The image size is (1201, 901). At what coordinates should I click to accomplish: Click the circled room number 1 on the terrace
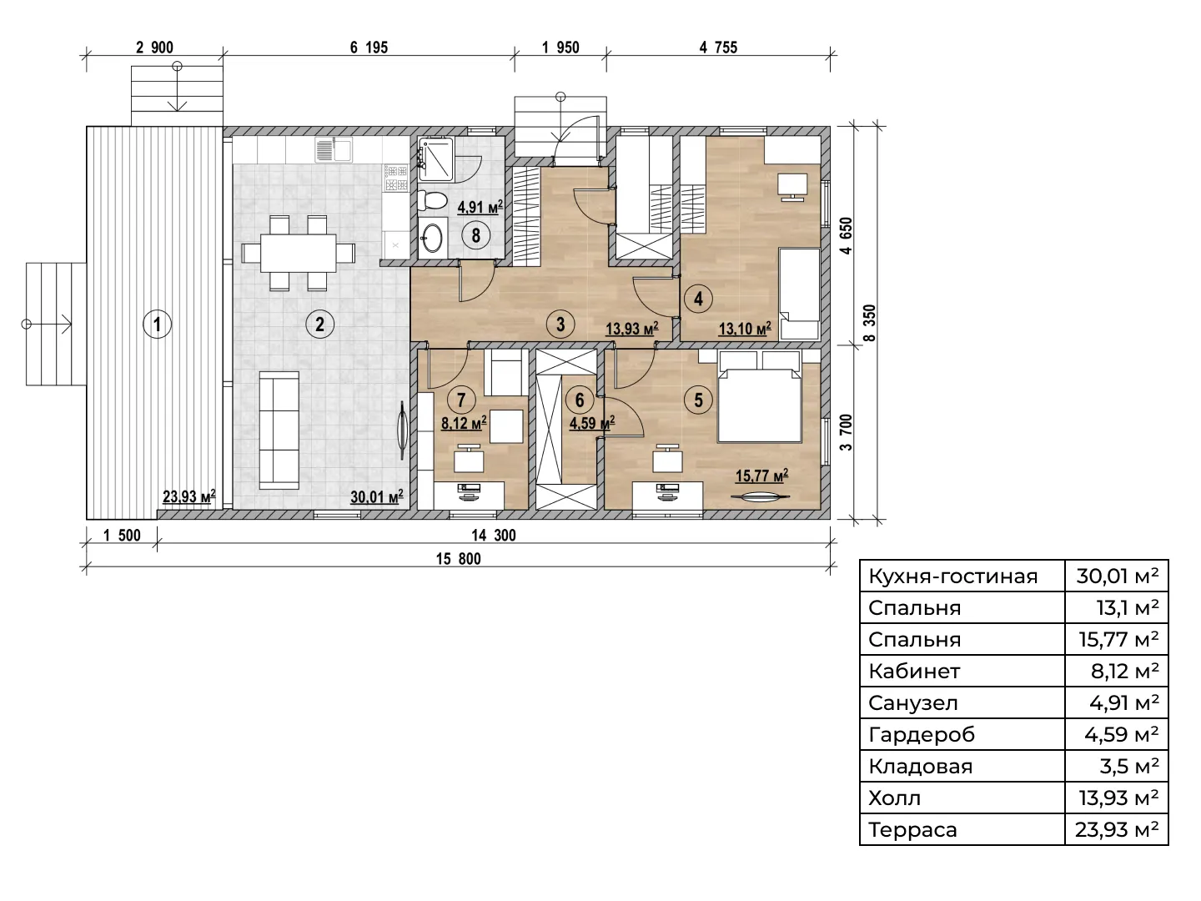[x=157, y=325]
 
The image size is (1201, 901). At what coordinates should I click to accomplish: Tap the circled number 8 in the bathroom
[x=475, y=235]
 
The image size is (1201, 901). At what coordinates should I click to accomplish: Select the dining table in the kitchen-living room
[x=298, y=254]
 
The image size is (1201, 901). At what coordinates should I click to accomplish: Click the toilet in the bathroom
[x=432, y=201]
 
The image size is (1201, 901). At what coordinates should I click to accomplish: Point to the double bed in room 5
[x=760, y=405]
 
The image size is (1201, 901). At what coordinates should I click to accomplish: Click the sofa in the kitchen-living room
[x=279, y=430]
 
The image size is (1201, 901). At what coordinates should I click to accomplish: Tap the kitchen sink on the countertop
[x=334, y=149]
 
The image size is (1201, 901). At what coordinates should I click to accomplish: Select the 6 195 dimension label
[x=369, y=48]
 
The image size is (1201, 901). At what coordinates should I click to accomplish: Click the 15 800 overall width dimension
[x=458, y=559]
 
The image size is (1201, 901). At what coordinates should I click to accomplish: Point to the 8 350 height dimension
[x=869, y=323]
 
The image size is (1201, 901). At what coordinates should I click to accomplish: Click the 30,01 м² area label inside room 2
[x=376, y=496]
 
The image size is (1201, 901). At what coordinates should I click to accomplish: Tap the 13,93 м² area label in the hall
[x=632, y=328]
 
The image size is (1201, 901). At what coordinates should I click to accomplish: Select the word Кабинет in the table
[x=914, y=672]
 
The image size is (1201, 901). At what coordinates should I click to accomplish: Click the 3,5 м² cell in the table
[x=1128, y=767]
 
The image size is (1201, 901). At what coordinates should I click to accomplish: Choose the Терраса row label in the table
[x=912, y=830]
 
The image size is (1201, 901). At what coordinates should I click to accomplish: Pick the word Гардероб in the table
[x=922, y=735]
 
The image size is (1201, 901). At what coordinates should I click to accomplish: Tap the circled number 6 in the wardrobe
[x=580, y=400]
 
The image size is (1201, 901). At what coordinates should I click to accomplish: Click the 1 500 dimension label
[x=122, y=535]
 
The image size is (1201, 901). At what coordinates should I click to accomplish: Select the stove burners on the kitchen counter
[x=396, y=177]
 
